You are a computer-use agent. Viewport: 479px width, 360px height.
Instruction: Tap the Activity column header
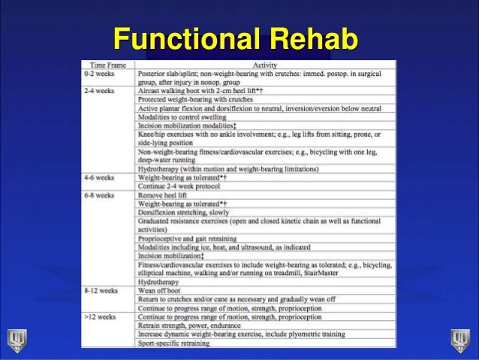(x=265, y=65)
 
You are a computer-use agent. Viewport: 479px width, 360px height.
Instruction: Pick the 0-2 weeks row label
(x=99, y=74)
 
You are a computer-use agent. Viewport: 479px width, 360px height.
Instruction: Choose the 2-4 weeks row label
(x=99, y=90)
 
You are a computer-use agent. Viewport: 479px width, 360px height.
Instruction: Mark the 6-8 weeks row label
(x=99, y=195)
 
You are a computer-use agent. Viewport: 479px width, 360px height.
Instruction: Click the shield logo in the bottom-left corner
(x=17, y=340)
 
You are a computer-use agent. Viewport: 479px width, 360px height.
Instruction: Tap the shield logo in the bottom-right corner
(x=460, y=340)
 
